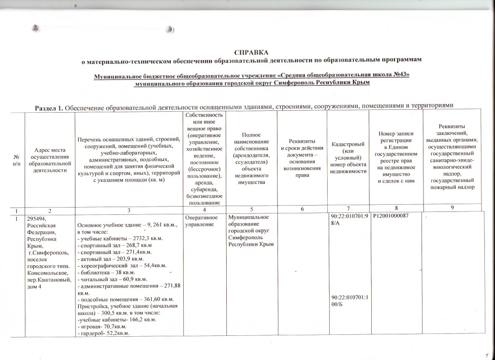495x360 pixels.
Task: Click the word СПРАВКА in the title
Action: pyautogui.click(x=250, y=51)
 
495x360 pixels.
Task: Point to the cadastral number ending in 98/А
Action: pyautogui.click(x=346, y=220)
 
